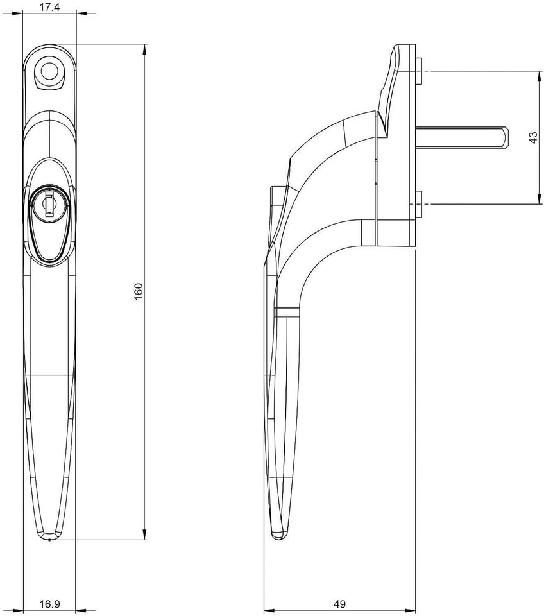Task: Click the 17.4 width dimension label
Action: [x=49, y=8]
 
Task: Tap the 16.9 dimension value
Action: [x=49, y=604]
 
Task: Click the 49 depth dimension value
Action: [x=341, y=604]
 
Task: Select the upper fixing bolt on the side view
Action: [x=419, y=71]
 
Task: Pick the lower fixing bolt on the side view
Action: [x=419, y=204]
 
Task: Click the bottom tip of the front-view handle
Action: [x=49, y=538]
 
